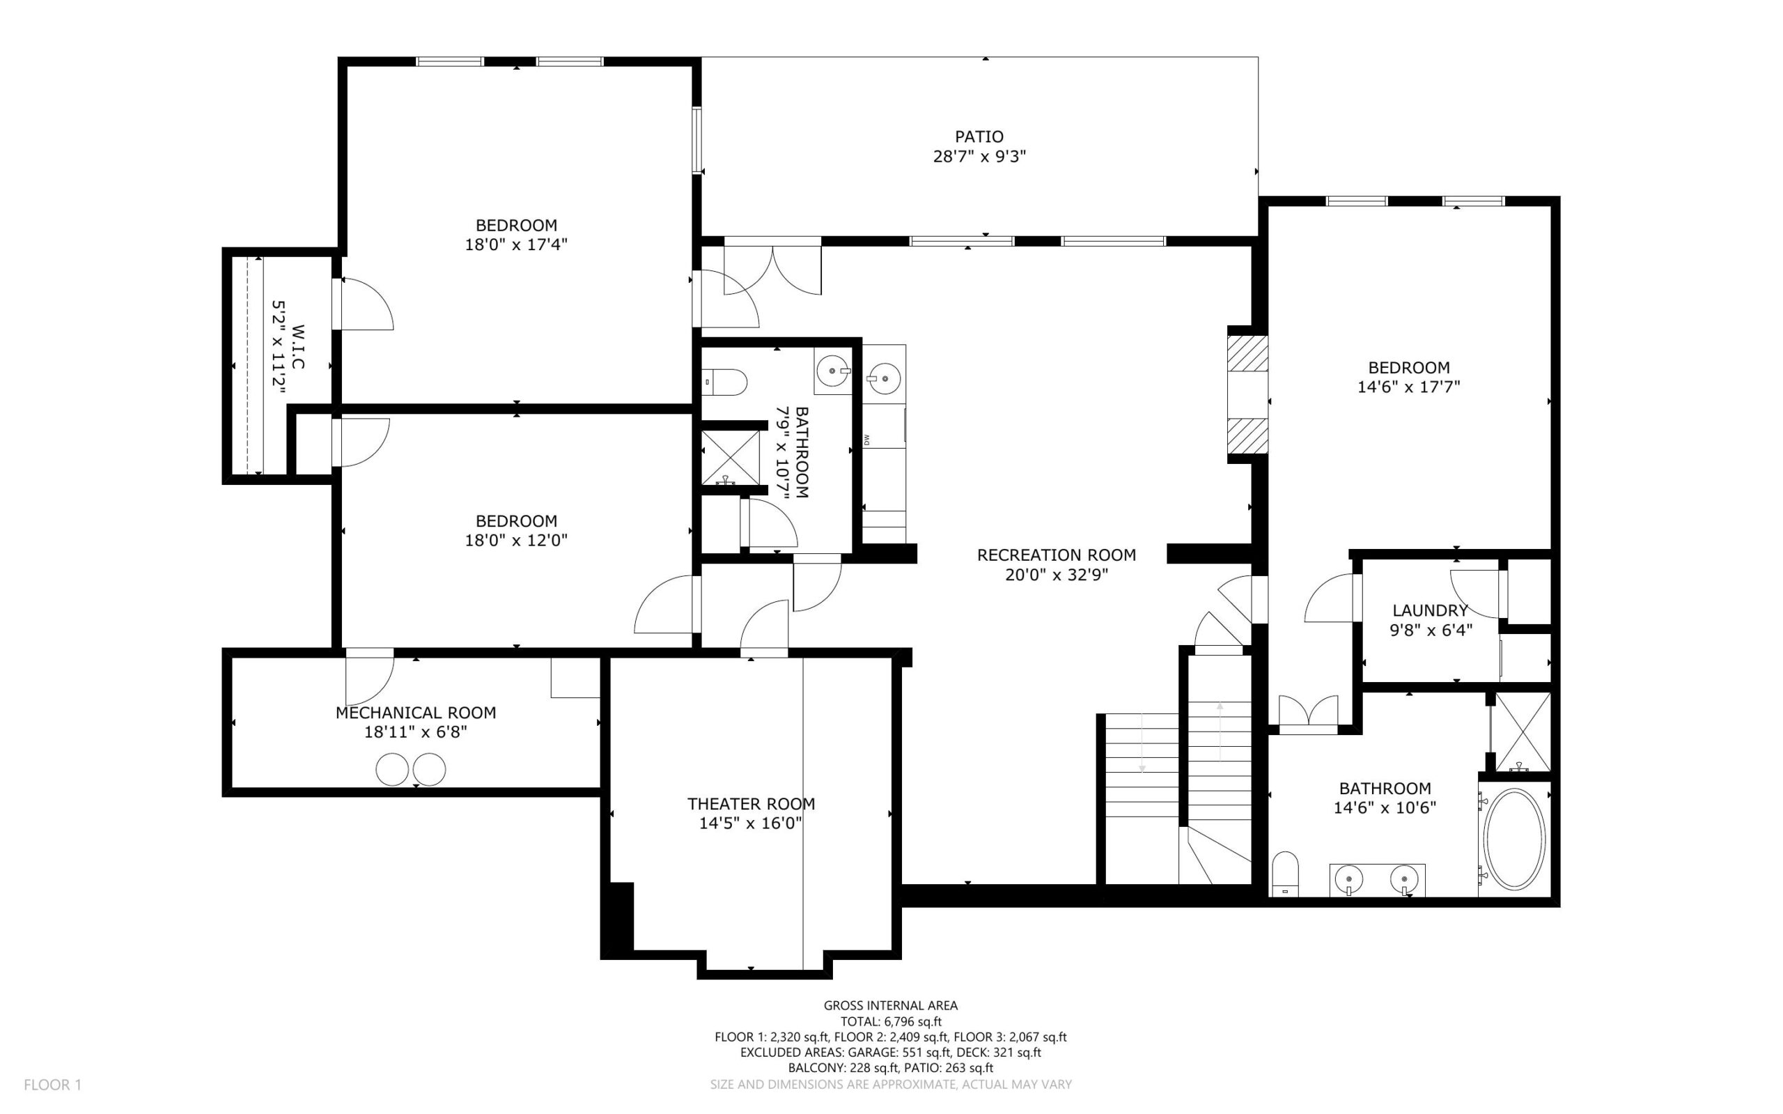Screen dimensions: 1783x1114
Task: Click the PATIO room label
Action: point(979,137)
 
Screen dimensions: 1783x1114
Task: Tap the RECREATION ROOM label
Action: point(1056,555)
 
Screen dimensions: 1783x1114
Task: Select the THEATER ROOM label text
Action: point(751,804)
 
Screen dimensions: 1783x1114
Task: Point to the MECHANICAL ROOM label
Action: point(415,713)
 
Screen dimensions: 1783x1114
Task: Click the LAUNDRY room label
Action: point(1429,610)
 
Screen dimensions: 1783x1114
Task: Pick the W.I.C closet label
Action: point(298,346)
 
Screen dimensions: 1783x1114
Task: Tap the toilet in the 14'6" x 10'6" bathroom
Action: point(1285,874)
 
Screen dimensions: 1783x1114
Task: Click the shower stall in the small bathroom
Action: point(730,458)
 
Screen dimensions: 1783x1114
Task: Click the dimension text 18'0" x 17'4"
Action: point(515,244)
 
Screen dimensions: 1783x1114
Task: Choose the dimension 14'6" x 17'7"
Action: point(1408,386)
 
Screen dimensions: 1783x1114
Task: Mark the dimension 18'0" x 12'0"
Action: point(515,540)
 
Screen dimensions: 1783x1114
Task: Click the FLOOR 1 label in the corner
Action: point(53,1085)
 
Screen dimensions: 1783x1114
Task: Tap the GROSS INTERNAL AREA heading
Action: point(890,1005)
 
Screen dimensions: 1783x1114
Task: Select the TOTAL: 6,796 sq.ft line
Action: point(890,1021)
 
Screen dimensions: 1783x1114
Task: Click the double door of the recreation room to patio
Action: point(772,270)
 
